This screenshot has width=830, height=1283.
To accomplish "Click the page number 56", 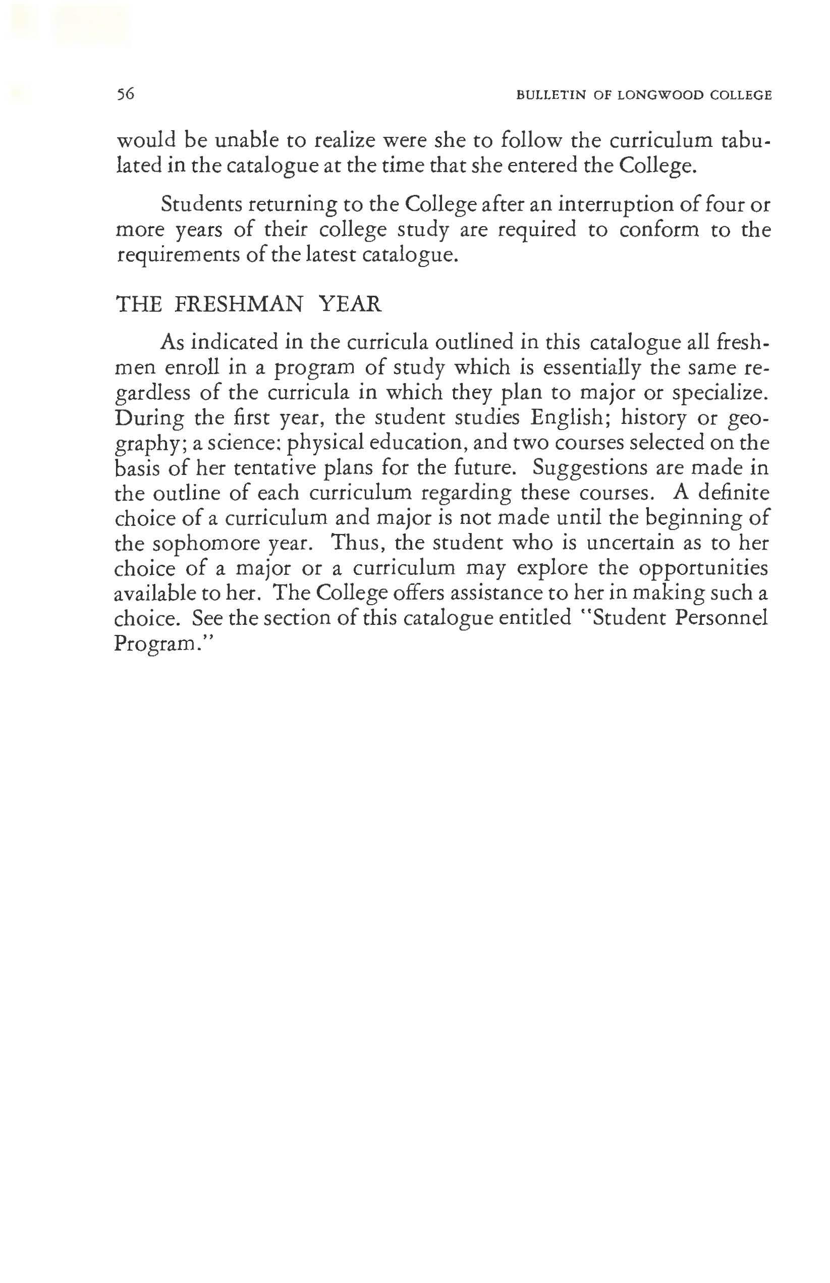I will pos(125,95).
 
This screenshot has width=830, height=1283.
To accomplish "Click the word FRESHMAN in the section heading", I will pos(238,304).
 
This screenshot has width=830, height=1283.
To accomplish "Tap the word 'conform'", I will pos(658,230).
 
